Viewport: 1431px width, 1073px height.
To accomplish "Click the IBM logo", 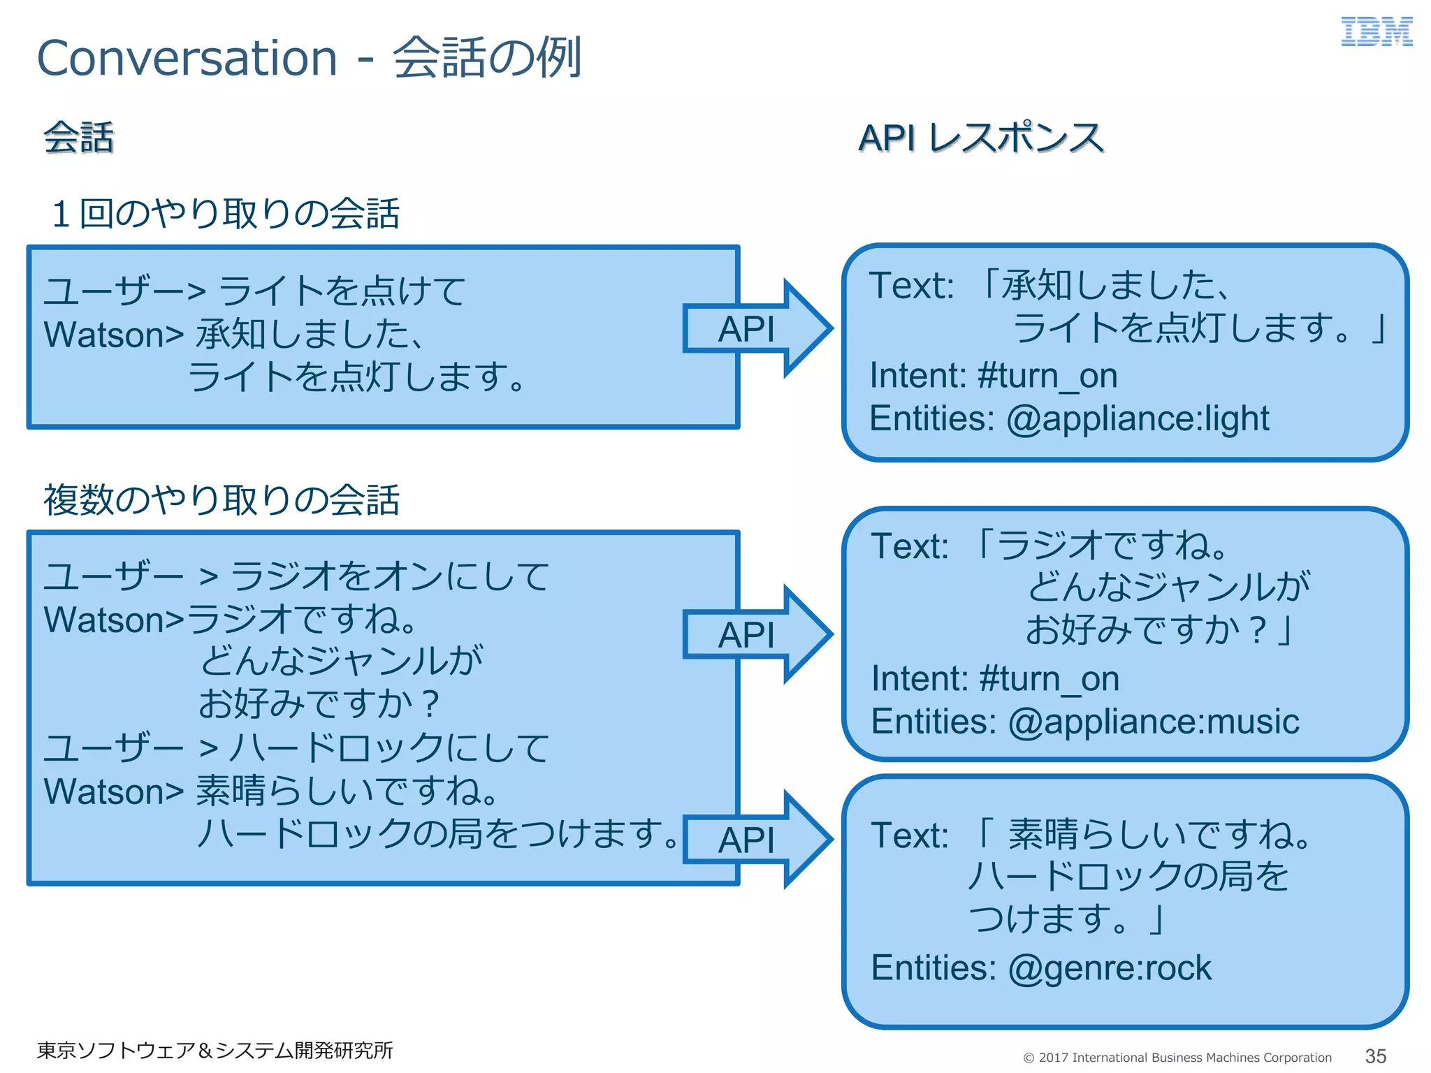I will coord(1376,32).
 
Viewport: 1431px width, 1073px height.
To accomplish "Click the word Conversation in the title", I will coord(187,58).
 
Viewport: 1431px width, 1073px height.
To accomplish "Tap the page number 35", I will coord(1375,1056).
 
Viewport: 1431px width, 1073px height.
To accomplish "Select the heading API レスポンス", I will coord(980,138).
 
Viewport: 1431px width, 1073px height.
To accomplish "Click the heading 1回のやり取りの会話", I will coord(225,214).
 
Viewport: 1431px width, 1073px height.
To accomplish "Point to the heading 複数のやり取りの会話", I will coord(221,500).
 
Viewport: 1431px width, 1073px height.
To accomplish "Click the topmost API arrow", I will coord(755,329).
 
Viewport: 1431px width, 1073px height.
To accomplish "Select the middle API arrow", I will coord(755,634).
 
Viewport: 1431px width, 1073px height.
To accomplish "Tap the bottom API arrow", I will coord(755,840).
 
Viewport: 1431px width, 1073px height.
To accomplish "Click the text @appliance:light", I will coord(1138,419).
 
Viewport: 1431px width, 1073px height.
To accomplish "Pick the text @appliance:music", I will coord(1154,722).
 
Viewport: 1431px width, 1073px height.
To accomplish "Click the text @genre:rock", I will coord(1110,968).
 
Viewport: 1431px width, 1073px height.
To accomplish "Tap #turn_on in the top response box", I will coord(1047,377).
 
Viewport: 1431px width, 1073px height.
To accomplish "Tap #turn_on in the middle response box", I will coord(1049,679).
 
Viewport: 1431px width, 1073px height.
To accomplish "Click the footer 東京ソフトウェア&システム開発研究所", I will coord(215,1050).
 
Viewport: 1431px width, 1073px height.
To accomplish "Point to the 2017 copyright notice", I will coord(1177,1058).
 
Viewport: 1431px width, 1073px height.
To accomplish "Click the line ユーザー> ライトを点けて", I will coord(254,291).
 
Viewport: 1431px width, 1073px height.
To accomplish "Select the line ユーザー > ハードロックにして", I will coord(296,748).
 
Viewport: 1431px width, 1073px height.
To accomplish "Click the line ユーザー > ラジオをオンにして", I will coord(296,577).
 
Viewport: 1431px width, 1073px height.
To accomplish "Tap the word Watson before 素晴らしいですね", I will coord(105,792).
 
